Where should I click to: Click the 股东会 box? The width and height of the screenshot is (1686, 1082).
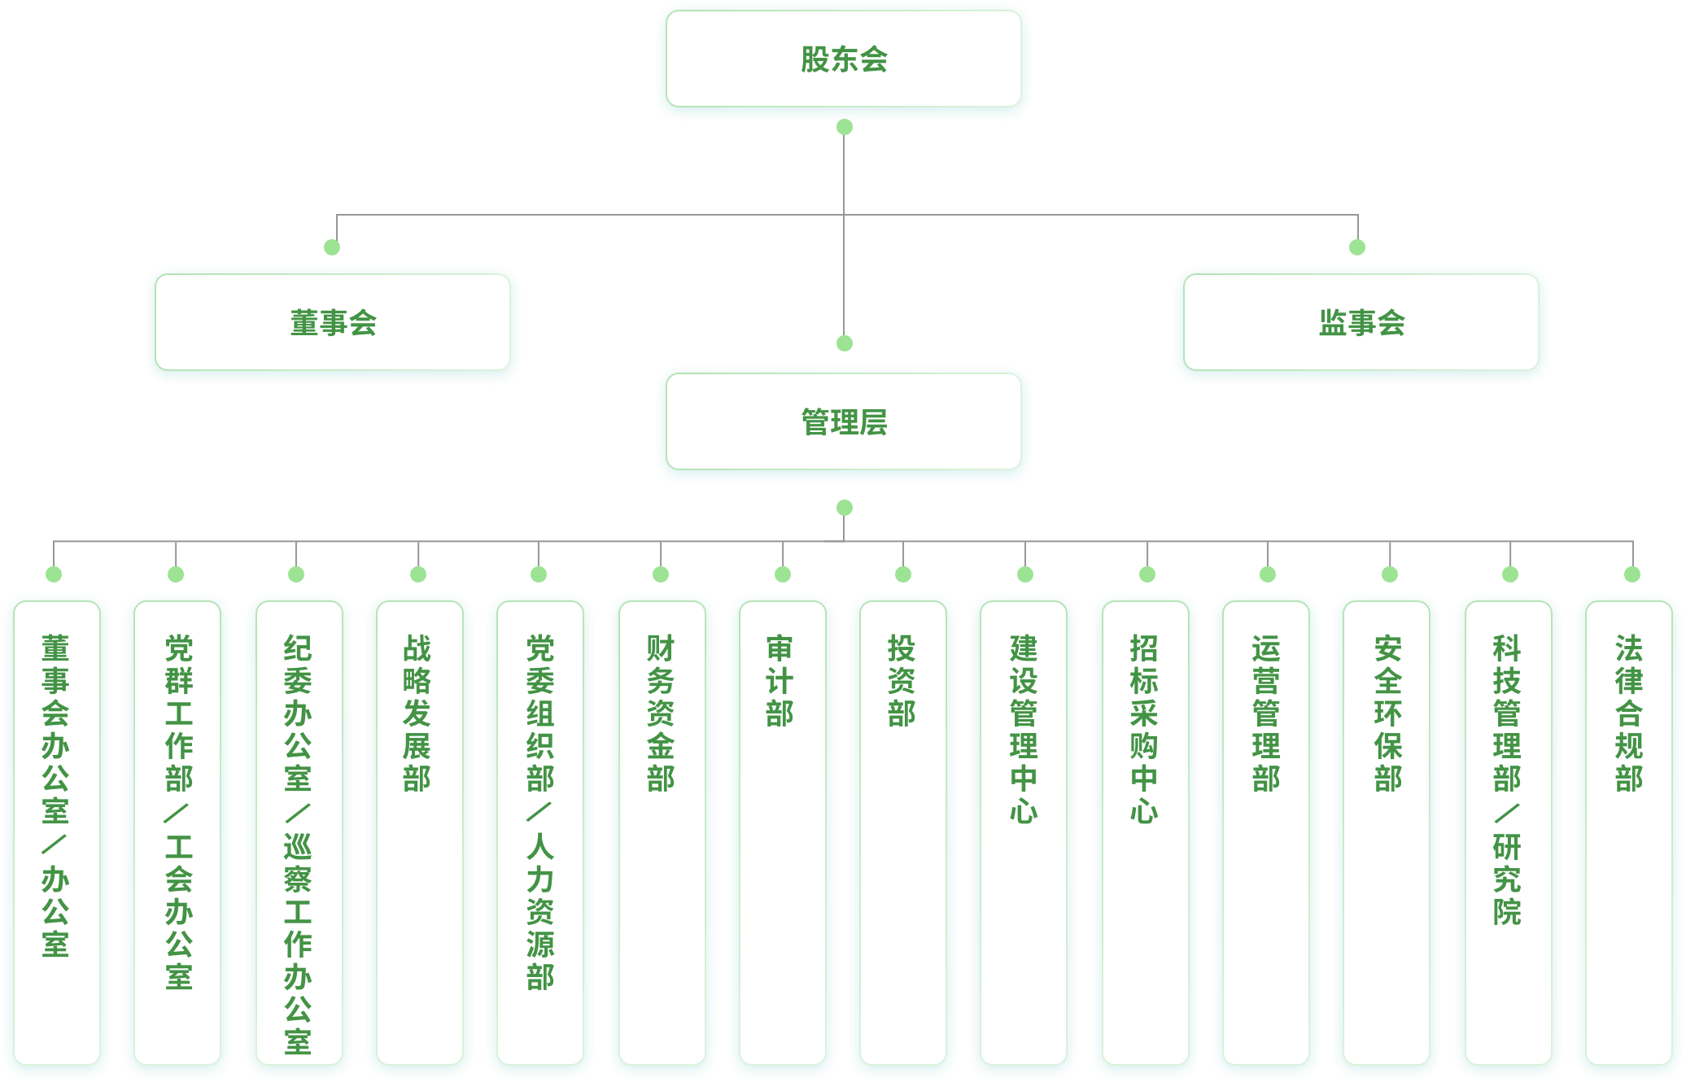coord(844,60)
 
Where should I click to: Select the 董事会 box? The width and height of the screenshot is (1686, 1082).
coord(333,324)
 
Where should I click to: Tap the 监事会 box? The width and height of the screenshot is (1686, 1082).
coord(1361,324)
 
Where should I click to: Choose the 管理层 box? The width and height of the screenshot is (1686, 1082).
coord(844,423)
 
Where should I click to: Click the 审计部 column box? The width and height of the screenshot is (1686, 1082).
coord(782,830)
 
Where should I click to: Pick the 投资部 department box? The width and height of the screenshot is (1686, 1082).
coord(902,830)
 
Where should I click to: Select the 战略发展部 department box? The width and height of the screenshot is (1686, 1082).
coord(418,830)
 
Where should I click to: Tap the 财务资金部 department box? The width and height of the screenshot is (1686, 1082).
coord(661,830)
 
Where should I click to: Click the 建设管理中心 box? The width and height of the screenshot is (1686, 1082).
coord(1024,830)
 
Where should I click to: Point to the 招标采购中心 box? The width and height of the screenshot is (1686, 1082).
coord(1145,830)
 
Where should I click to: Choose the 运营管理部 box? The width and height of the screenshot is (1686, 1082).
coord(1266,830)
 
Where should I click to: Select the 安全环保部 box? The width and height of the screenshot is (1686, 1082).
coord(1387,830)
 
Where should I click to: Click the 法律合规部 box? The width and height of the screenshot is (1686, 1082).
coord(1629,830)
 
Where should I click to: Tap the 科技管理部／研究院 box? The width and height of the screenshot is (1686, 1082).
coord(1508,830)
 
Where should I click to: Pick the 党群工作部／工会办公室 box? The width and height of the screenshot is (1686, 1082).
coord(177,830)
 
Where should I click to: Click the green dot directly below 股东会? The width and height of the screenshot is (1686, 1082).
coord(845,127)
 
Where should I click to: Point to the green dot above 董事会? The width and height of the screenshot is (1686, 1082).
coord(332,247)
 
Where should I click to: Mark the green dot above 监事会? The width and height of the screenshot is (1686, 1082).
coord(1357,247)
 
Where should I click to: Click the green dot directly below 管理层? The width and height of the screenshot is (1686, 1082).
coord(845,508)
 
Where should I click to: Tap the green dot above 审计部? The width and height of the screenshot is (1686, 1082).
coord(783,574)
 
